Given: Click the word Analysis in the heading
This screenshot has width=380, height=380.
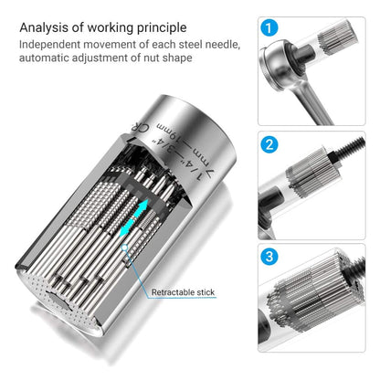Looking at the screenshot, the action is click(x=44, y=28).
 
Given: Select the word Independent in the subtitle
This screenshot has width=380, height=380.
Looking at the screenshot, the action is click(x=49, y=45).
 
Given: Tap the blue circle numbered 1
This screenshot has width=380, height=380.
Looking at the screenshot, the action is click(x=269, y=28).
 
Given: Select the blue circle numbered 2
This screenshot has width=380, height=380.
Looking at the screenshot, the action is click(x=269, y=144).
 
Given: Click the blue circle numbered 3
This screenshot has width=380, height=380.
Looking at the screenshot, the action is click(x=269, y=257).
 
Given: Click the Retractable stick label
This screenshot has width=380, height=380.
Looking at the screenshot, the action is click(x=183, y=292).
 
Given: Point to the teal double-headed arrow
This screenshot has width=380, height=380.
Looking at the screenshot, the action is click(x=134, y=217).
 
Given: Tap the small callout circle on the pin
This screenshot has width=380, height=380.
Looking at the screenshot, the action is click(x=124, y=248).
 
